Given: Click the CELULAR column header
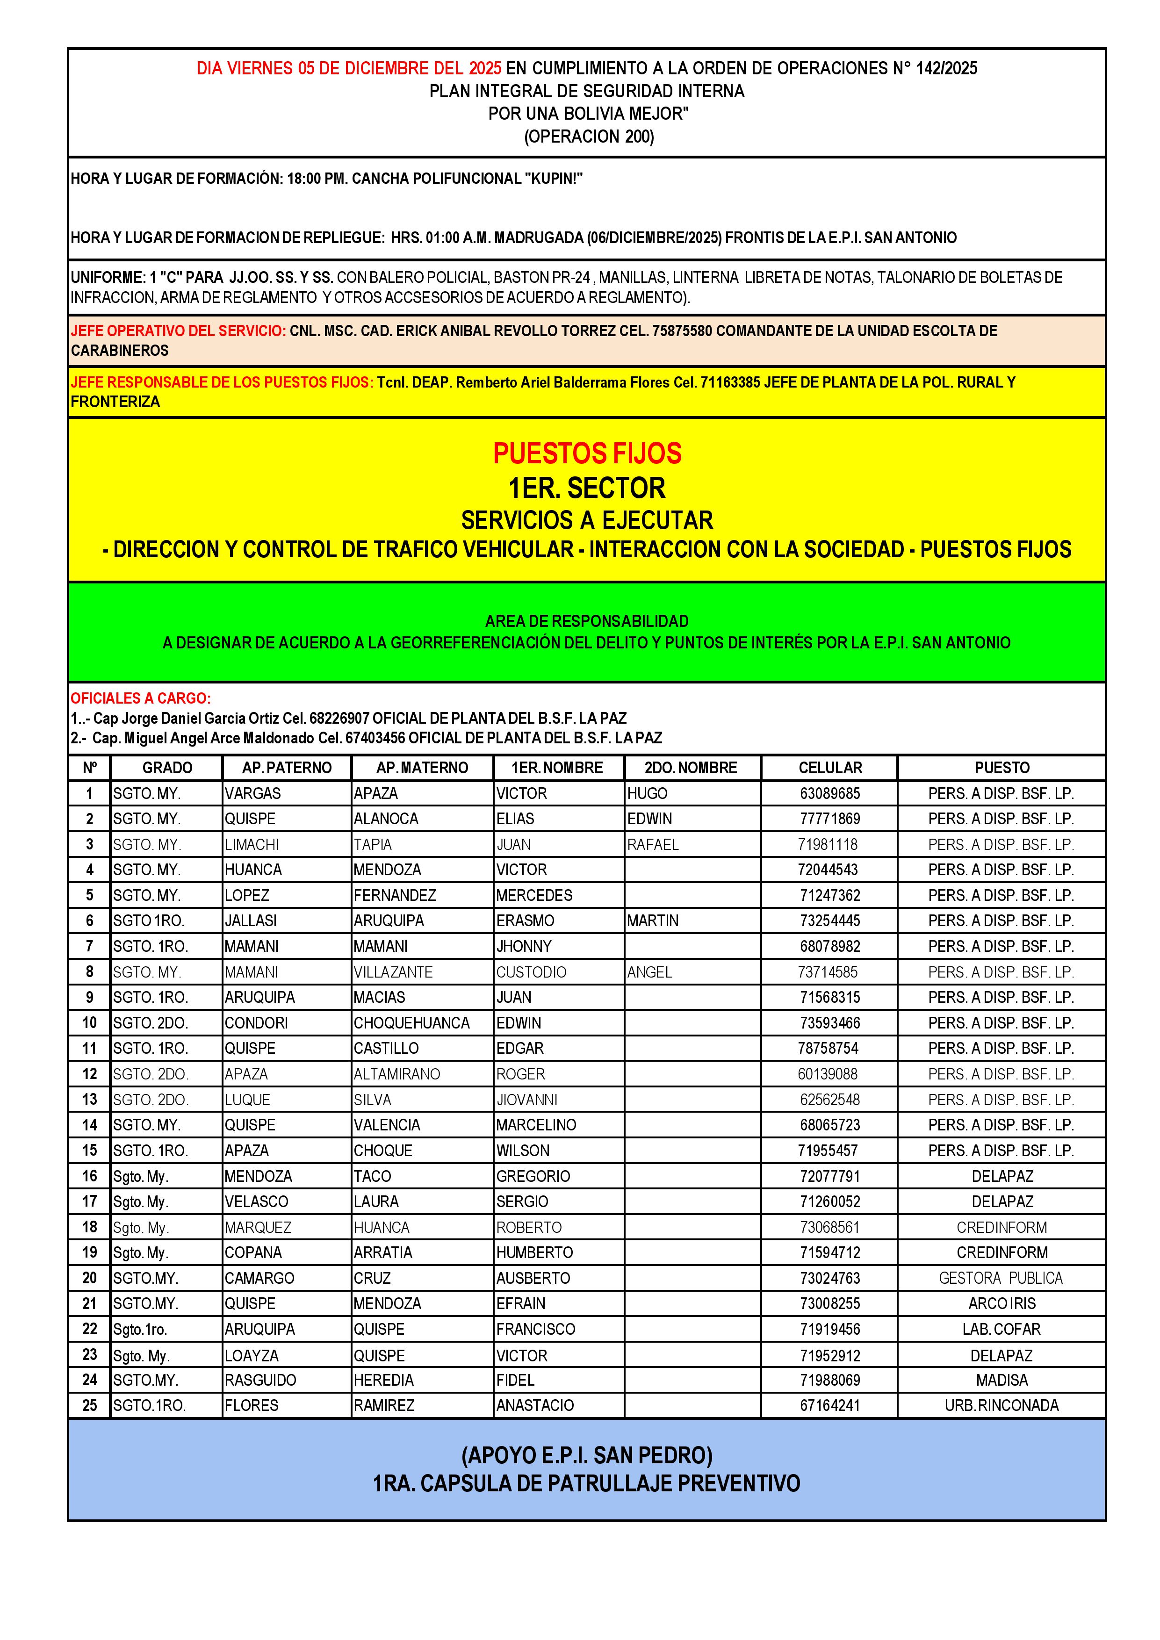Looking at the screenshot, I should (x=829, y=768).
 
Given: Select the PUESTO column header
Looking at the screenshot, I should (x=1001, y=768).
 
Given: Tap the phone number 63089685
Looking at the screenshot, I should (x=829, y=793).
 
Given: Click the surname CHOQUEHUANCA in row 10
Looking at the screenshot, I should (x=411, y=1023).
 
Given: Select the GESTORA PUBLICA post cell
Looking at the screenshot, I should (x=1001, y=1278).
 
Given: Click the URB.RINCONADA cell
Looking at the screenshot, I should (x=1001, y=1405).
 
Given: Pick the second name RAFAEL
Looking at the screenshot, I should (x=653, y=844).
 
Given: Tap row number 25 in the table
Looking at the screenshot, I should (x=89, y=1405).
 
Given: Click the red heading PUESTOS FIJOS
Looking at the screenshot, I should (x=587, y=453).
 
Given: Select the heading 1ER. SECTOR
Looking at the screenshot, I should (x=587, y=489).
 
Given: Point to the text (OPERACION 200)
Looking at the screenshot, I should (x=589, y=137).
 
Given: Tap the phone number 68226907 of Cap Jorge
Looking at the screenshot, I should (x=339, y=718).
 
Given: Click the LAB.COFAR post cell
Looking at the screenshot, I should (x=1001, y=1329).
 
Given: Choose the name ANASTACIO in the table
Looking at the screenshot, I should (x=535, y=1405).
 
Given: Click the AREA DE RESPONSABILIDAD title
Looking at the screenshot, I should (x=587, y=621).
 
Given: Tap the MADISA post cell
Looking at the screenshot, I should (x=1001, y=1380).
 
